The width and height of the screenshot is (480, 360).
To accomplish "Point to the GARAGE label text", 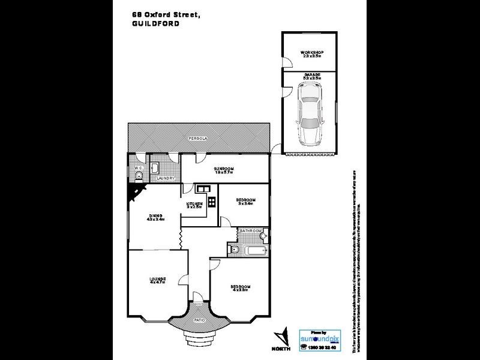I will click(311, 76).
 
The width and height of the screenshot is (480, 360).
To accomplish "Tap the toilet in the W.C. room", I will click(138, 175).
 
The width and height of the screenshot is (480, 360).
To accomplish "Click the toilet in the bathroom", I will click(234, 250).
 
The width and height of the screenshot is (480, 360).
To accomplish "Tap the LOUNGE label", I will click(157, 280).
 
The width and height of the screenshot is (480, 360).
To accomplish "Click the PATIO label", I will click(198, 320).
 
